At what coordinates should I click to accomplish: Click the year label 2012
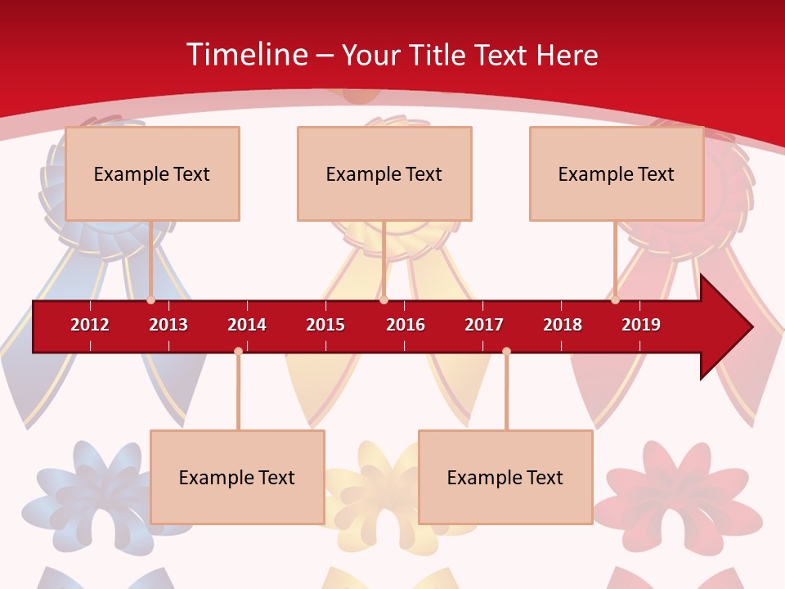coord(90,325)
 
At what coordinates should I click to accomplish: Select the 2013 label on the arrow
coord(168,325)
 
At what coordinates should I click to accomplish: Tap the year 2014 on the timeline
coord(247,325)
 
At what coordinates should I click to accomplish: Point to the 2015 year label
coord(325,325)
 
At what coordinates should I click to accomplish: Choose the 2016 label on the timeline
coord(406,325)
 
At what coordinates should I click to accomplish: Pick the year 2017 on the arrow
coord(484,325)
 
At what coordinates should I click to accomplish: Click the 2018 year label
coord(563,325)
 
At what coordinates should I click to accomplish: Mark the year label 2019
coord(641,325)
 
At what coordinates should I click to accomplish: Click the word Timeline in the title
coord(246,55)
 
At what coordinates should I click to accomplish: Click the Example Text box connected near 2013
coord(152,173)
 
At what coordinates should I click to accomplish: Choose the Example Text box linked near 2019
coord(617,173)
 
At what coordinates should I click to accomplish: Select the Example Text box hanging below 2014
coord(237,477)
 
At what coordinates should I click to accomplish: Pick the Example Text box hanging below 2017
coord(505,477)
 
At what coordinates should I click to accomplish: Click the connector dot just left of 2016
coord(384,299)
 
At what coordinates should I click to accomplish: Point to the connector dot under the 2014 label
coord(238,352)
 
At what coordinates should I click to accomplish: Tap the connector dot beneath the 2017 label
coord(506,352)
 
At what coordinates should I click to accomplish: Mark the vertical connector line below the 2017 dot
coord(506,393)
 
